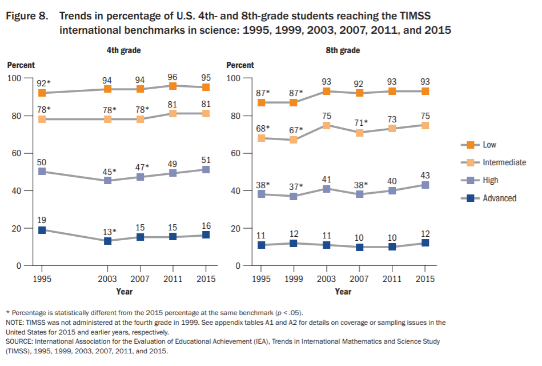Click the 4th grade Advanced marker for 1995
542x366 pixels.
tap(42, 230)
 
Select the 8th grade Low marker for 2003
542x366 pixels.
tap(326, 91)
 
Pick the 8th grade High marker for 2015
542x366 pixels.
tap(424, 185)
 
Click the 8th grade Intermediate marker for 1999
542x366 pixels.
tap(294, 140)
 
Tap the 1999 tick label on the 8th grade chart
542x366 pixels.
tap(294, 279)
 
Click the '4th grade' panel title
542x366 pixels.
tap(123, 50)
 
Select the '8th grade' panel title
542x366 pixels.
tap(343, 50)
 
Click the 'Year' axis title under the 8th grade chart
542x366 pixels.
tap(343, 292)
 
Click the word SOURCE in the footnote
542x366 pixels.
tap(20, 341)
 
